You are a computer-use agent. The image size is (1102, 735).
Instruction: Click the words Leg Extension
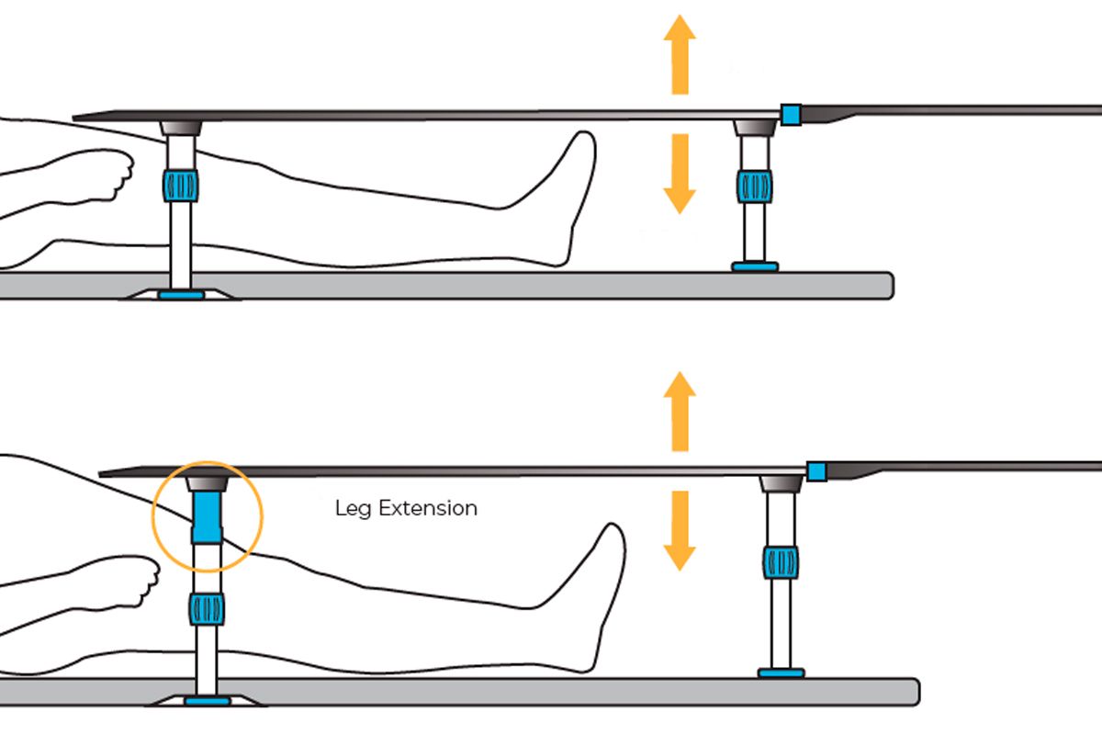pos(406,508)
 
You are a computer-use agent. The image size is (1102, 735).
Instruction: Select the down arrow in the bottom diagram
pos(680,531)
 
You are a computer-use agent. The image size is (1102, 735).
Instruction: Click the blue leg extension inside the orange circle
pos(207,516)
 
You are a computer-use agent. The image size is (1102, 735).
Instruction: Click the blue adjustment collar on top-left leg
pos(181,185)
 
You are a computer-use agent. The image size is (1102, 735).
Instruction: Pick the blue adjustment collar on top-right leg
pos(754,185)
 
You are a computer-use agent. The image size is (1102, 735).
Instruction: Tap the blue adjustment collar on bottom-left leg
pos(207,608)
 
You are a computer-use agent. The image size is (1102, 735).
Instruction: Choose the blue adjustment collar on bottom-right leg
pos(781,562)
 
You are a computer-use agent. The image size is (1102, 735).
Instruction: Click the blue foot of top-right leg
pos(755,266)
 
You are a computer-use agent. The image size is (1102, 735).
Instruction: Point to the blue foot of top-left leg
pos(181,295)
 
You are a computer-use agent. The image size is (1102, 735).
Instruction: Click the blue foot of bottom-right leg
pos(781,673)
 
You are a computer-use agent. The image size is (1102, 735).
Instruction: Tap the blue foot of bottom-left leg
pos(207,701)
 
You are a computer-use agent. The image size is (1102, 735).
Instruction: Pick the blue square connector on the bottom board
pos(816,471)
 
